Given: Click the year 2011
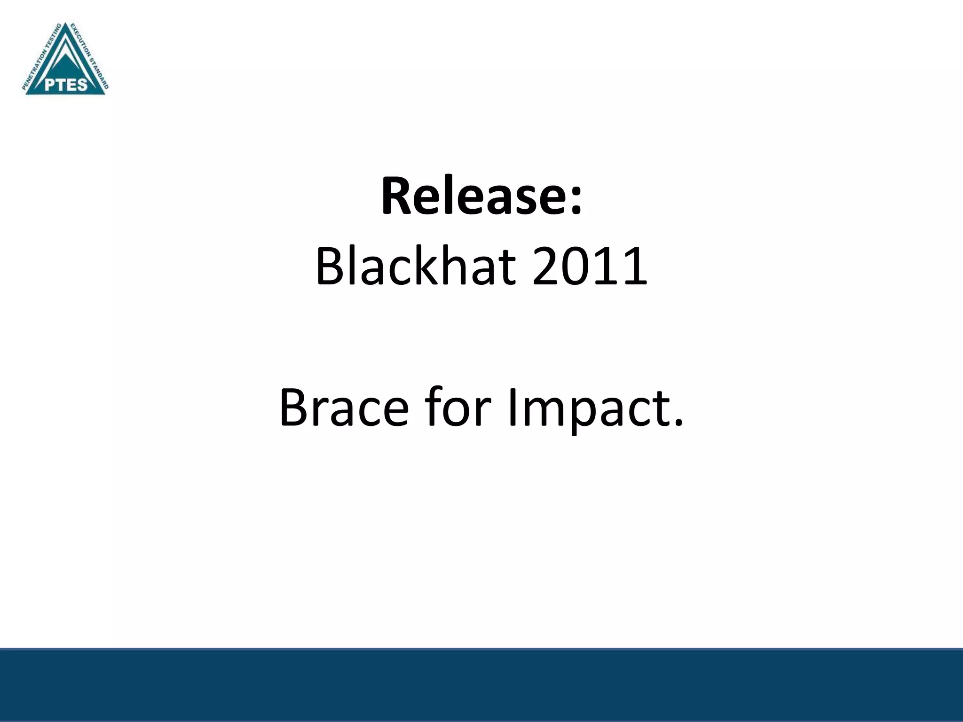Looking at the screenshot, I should tap(590, 267).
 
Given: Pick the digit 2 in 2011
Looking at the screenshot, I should tap(547, 267).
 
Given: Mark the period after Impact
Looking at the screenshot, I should tap(678, 423).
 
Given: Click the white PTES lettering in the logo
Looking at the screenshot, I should tap(66, 85).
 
